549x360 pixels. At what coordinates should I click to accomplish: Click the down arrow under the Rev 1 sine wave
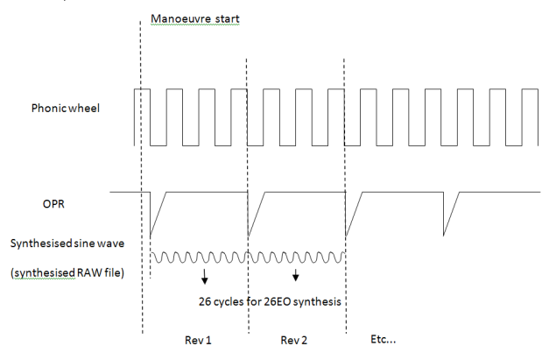click(x=204, y=276)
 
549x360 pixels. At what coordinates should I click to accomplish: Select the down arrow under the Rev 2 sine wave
click(x=296, y=276)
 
